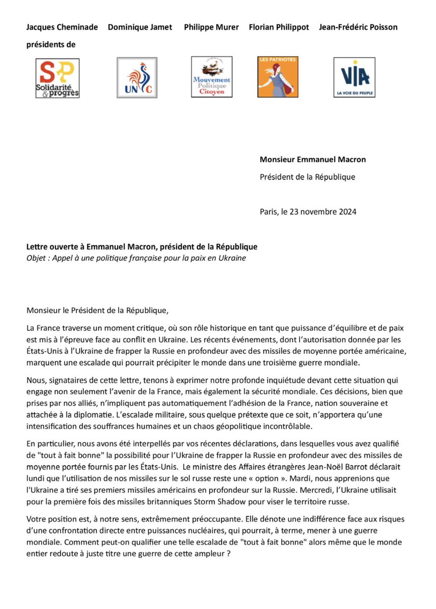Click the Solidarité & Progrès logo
pos(57,78)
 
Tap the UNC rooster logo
pos(137,77)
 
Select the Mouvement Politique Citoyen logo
pos(212,77)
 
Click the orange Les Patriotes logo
pos(278,77)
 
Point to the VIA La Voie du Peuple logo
pos(354,77)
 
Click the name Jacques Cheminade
pos(62,27)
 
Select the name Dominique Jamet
pos(140,27)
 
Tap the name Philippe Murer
pos(211,27)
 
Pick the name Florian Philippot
pos(279,27)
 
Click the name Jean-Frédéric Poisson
pos(358,27)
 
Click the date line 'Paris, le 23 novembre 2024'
pos(308,212)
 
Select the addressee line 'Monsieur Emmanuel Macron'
pos(313,159)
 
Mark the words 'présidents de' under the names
pos(51,45)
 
